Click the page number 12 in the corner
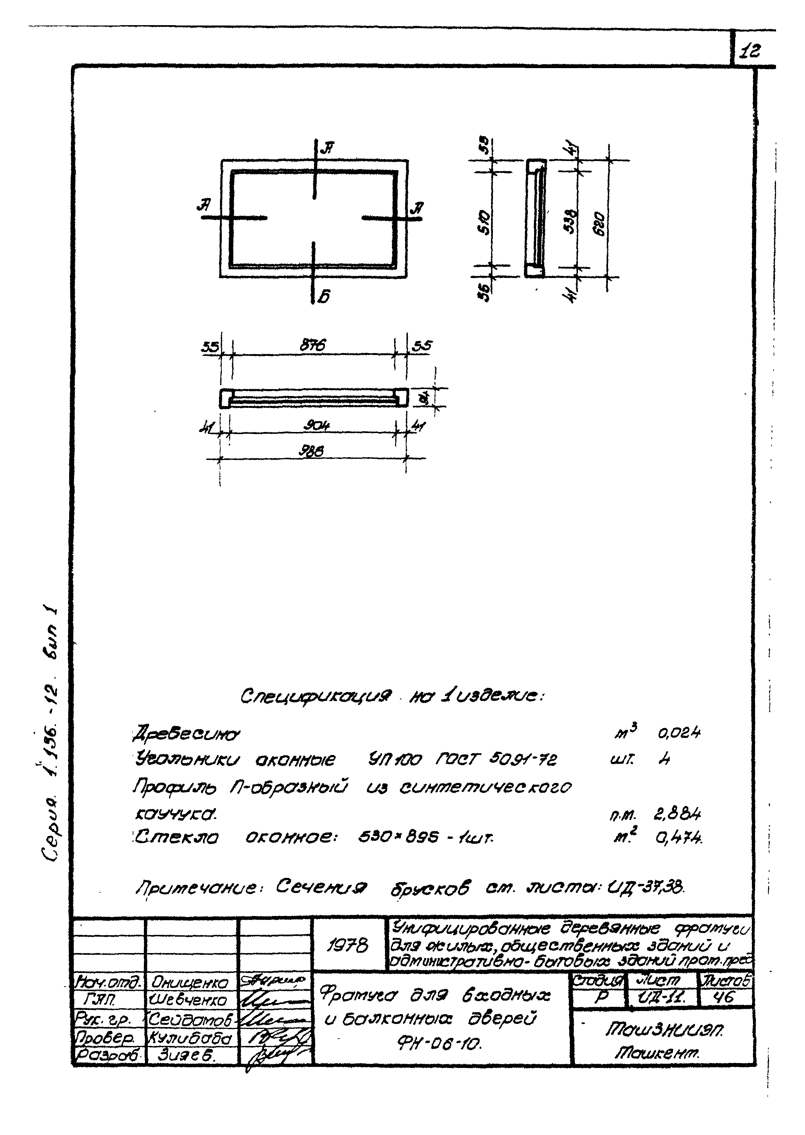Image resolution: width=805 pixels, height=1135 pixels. pos(750,51)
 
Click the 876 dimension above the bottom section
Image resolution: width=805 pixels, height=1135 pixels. pos(313,345)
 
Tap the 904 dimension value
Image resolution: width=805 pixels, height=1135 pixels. pos(313,426)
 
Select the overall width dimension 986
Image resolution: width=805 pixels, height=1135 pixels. pos(313,451)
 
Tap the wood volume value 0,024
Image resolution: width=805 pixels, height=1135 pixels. pos(679,733)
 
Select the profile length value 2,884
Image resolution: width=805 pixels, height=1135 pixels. pos(678,814)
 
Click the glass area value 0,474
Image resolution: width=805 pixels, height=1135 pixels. pos(679,837)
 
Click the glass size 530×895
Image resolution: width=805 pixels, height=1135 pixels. pos(399,837)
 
